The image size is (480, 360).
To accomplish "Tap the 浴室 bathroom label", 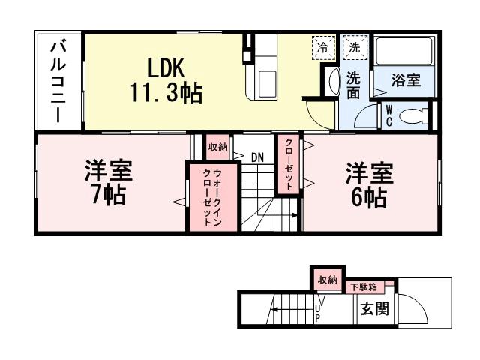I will pyautogui.click(x=406, y=80).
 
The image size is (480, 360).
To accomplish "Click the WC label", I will pyautogui.click(x=389, y=115).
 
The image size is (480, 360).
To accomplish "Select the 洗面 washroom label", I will pyautogui.click(x=353, y=85).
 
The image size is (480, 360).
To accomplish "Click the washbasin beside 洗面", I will pyautogui.click(x=331, y=82).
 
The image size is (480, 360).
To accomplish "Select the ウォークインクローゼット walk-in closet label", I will pyautogui.click(x=212, y=198).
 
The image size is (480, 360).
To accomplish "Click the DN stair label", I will pyautogui.click(x=257, y=157).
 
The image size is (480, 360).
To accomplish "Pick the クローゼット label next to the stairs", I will pyautogui.click(x=288, y=165).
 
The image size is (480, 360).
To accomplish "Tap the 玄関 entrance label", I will pyautogui.click(x=373, y=308).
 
